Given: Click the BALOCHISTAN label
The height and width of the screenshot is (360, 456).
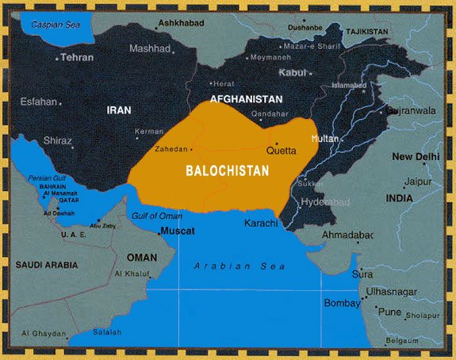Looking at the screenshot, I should pyautogui.click(x=227, y=170).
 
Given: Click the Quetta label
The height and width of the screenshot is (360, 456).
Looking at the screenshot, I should pyautogui.click(x=281, y=151).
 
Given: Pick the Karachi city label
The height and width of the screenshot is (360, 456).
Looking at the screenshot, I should pyautogui.click(x=261, y=223).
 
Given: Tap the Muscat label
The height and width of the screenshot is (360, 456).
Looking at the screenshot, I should pyautogui.click(x=178, y=232).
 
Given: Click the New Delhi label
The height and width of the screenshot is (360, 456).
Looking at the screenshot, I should pyautogui.click(x=415, y=157).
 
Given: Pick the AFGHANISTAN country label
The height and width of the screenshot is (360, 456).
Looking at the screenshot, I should pyautogui.click(x=246, y=99).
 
